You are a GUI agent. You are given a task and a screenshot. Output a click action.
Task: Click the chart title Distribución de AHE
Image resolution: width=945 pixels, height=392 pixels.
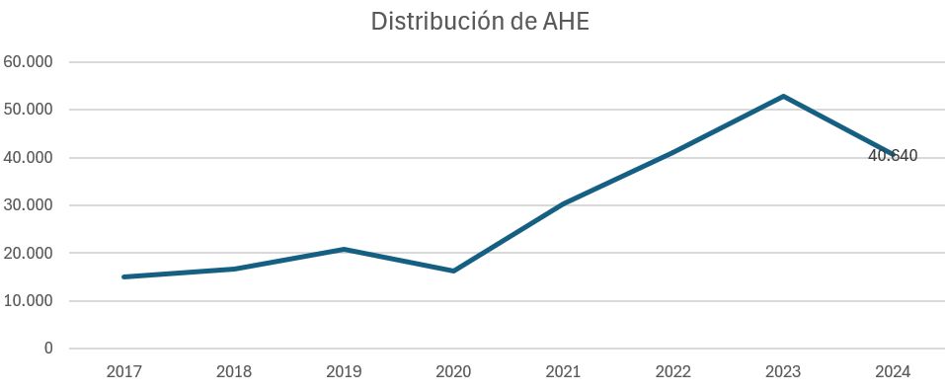pos(480,22)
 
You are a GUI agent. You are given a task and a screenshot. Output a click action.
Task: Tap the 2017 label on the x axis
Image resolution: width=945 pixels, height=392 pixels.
pos(124,372)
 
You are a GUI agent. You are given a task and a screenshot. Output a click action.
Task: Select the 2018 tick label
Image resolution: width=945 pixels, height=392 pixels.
pos(234,372)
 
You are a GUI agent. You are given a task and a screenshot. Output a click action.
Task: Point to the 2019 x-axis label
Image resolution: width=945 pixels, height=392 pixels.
pos(344,372)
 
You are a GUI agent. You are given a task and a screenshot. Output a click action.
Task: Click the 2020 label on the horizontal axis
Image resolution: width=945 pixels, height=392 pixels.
pos(453,372)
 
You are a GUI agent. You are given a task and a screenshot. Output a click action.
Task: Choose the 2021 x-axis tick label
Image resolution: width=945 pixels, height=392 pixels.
pos(563,372)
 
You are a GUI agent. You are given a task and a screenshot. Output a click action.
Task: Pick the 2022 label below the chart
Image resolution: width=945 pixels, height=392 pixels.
pos(672,372)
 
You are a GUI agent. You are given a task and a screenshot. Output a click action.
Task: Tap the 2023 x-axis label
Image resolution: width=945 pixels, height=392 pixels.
pos(782,372)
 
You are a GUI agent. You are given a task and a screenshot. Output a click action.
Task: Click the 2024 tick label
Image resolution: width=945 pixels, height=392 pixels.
pos(892,372)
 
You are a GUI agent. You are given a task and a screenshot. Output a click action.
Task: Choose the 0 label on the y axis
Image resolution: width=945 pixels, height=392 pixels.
pos(47,349)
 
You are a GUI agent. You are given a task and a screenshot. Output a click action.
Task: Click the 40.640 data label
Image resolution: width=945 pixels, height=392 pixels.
pos(893,156)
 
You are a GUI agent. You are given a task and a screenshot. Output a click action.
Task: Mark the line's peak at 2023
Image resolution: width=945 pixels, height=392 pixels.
pos(782,96)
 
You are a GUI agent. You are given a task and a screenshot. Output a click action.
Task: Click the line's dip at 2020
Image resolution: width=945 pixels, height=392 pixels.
pos(453,271)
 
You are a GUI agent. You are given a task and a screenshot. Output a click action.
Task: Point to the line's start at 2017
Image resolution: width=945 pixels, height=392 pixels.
pos(124,276)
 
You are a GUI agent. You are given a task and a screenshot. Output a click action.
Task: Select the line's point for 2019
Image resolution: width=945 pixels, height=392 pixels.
pos(344,249)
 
